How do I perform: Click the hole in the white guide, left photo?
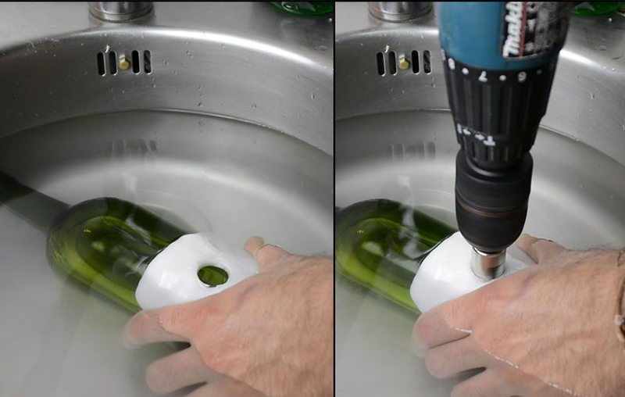point(212,274)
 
